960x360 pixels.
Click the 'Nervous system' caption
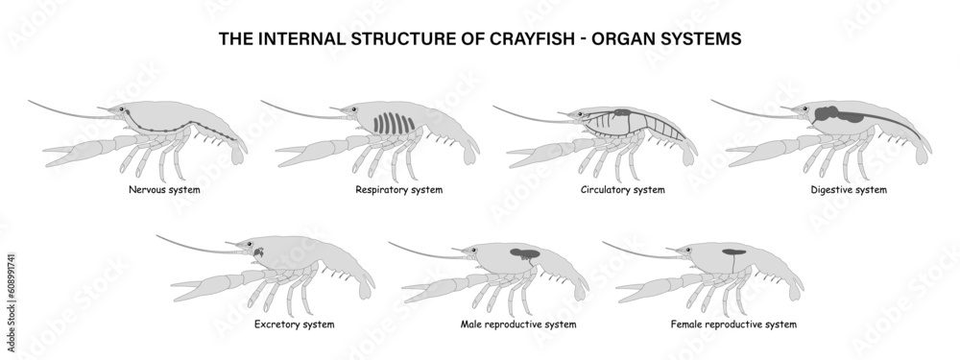click(x=163, y=190)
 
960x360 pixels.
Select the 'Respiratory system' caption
click(x=398, y=190)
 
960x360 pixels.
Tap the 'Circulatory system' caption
click(x=622, y=190)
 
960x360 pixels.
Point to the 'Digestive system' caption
click(x=849, y=190)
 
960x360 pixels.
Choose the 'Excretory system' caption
click(x=294, y=324)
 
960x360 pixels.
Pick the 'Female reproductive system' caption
click(x=733, y=324)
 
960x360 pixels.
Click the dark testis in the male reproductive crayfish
click(x=524, y=254)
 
